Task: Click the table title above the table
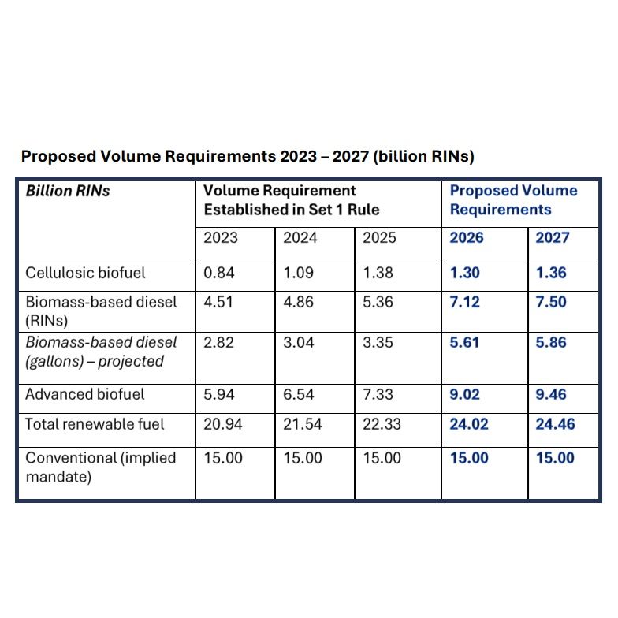pos(248,156)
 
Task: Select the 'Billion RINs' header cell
pos(68,191)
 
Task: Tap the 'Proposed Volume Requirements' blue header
pos(513,200)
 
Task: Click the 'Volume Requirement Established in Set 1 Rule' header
pos(291,200)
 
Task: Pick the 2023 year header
pos(220,238)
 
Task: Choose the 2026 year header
pos(466,238)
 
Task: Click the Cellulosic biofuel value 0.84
pos(218,274)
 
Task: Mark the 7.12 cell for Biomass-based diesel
pos(464,302)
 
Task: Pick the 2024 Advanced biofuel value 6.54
pos(299,394)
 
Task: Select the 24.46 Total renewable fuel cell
pos(555,424)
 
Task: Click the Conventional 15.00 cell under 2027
pos(555,458)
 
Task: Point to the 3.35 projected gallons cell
pos(378,343)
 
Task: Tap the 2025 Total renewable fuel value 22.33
pos(382,424)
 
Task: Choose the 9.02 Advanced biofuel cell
pos(465,394)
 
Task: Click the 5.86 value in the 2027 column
pos(551,343)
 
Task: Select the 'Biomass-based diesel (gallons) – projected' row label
pos(101,352)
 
